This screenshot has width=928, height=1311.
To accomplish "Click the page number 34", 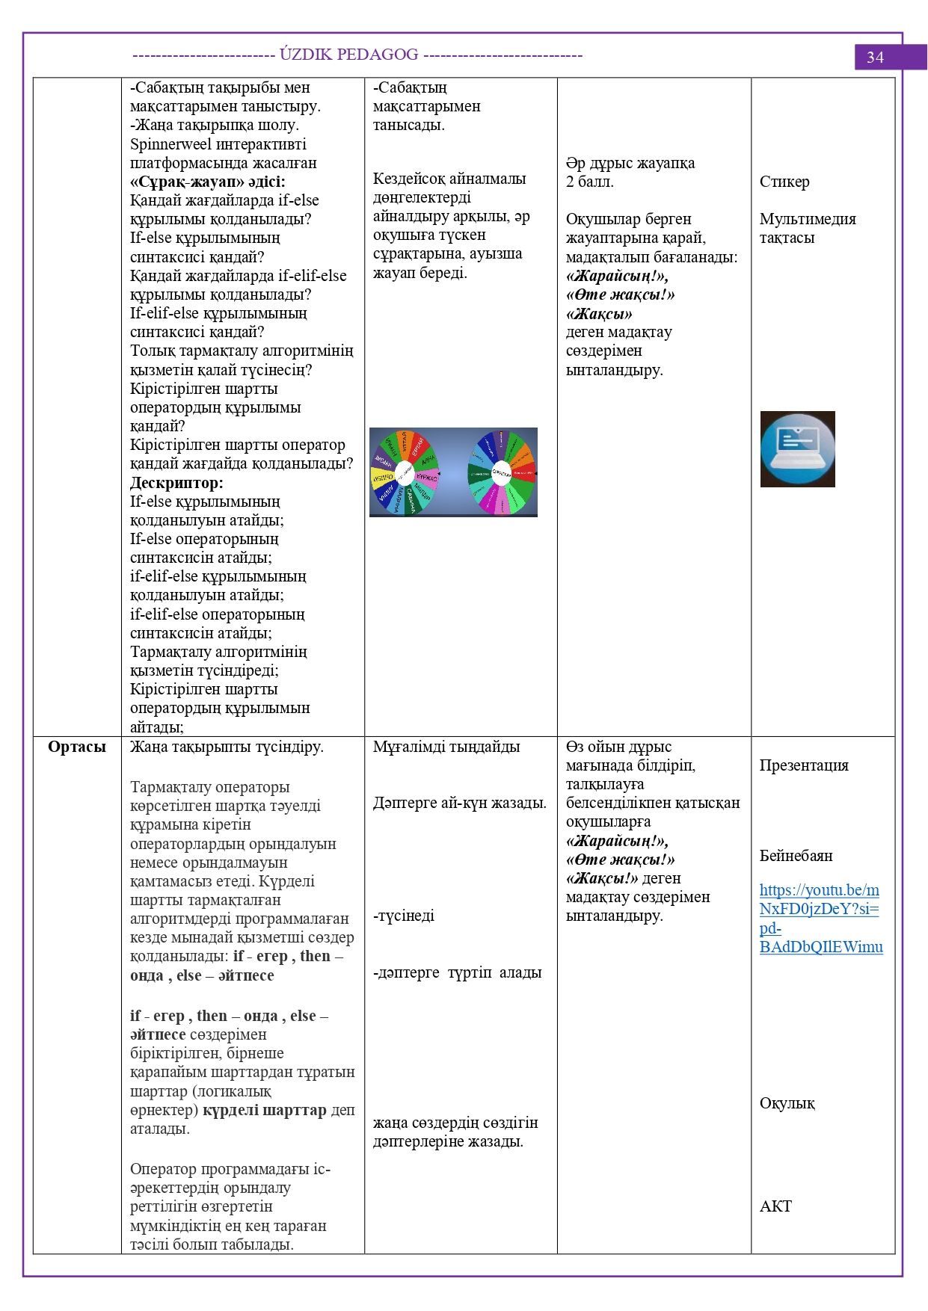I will click(875, 58).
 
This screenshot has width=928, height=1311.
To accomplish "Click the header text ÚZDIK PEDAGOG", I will click(349, 55).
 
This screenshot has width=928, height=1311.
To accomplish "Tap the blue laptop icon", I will click(797, 449).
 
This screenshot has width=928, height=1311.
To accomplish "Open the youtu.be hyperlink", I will click(820, 919).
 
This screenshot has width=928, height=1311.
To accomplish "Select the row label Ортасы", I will click(77, 747).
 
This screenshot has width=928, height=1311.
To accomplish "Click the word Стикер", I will click(784, 182).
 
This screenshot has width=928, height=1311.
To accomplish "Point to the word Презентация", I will click(803, 765).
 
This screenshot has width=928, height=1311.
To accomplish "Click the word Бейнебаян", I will click(796, 856).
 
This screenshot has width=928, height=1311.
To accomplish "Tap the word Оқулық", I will click(787, 1103).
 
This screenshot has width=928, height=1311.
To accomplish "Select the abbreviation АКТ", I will click(775, 1206).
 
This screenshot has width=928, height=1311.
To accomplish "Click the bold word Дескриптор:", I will click(176, 483).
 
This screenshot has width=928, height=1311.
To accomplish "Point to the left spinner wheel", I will click(405, 472).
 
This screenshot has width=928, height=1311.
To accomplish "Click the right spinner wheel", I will click(502, 472).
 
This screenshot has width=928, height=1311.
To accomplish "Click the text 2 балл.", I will click(589, 182).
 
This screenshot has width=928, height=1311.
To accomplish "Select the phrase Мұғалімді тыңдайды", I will click(446, 747).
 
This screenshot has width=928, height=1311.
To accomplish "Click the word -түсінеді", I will click(404, 916).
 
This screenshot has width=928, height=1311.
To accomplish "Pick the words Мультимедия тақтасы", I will click(807, 229).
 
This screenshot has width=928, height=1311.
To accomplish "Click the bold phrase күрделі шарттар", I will click(265, 1110).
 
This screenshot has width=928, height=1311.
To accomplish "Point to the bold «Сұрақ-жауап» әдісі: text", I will click(207, 182).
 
